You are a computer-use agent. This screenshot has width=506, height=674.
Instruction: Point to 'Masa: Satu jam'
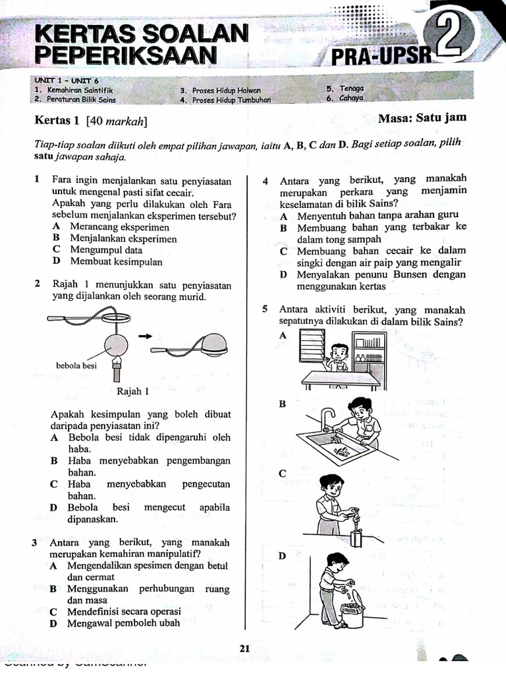pos(422,118)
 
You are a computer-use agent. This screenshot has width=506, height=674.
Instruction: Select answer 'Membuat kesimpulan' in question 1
pos(117,261)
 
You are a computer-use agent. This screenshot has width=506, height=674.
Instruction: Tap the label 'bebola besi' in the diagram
pos(76,365)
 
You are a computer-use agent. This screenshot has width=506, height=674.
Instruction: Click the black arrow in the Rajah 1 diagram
pos(145,336)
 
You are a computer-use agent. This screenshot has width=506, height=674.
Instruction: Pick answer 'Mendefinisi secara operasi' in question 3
pos(124,611)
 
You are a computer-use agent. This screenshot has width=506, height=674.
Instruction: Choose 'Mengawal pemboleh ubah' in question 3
pos(124,623)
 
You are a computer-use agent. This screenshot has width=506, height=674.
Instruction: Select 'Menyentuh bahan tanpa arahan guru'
pos(378,215)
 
